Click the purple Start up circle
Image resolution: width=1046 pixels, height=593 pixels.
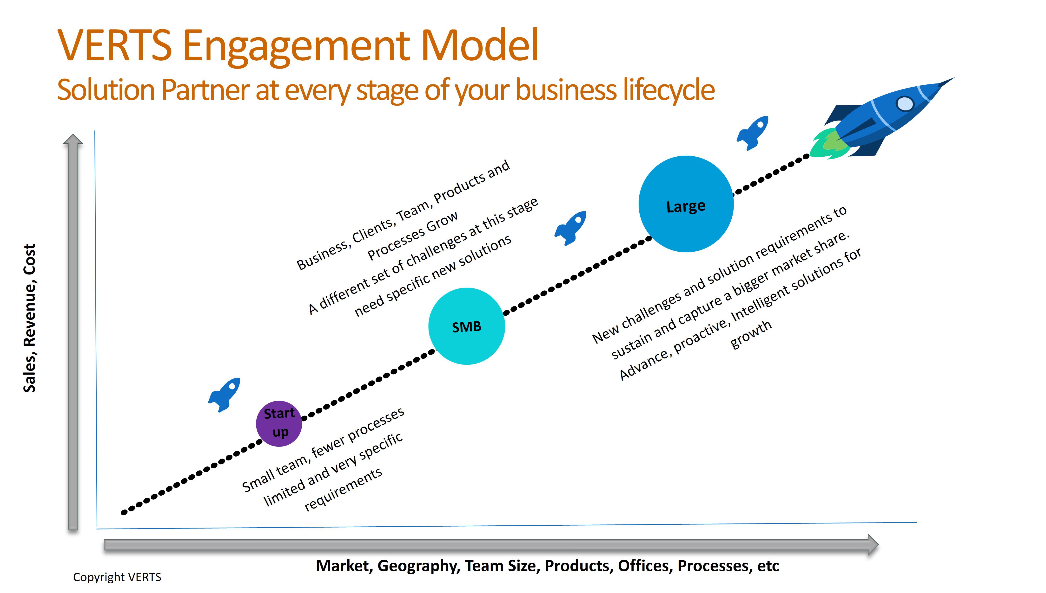[x=279, y=424]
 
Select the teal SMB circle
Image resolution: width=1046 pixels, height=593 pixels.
[x=467, y=326]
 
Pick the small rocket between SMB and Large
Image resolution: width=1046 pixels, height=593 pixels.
[x=570, y=228]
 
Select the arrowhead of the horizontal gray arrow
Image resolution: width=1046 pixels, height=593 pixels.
[x=873, y=545]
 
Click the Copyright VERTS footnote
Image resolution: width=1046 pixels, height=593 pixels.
[x=117, y=577]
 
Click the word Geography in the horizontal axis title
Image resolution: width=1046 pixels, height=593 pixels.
[x=418, y=566]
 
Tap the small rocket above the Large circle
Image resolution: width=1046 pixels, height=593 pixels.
[x=753, y=133]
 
